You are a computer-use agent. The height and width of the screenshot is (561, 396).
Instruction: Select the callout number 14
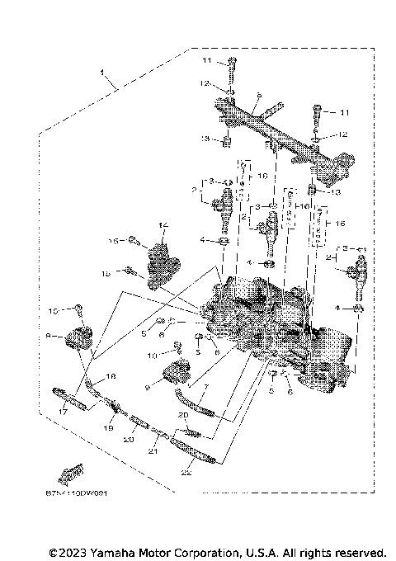click(163, 224)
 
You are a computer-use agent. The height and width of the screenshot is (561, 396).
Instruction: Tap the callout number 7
click(205, 386)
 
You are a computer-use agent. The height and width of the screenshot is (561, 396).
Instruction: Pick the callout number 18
click(112, 375)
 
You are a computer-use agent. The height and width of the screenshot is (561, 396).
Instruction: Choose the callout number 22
click(186, 473)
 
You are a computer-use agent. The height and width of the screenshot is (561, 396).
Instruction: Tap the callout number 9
click(147, 385)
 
